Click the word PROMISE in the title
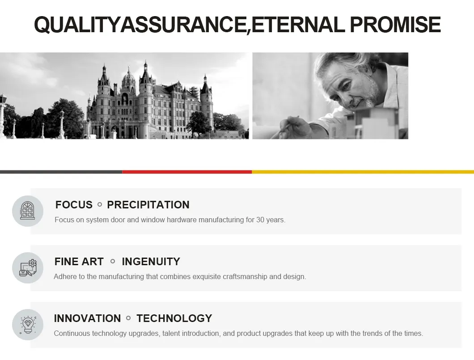[x=395, y=25]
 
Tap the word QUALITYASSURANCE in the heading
[x=140, y=25]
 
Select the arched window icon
[x=28, y=211]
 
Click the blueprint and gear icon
[x=28, y=268]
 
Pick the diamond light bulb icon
[x=28, y=325]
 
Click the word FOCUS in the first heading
[x=74, y=205]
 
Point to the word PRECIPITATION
[x=148, y=205]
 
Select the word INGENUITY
[x=151, y=262]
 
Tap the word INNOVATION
[x=87, y=318]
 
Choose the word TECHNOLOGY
[x=174, y=318]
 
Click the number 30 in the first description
[x=260, y=220]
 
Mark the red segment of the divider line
[x=187, y=172]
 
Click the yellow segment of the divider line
[x=363, y=172]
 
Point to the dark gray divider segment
[x=61, y=172]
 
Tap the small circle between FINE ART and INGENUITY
[x=113, y=261]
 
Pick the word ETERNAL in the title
[x=298, y=25]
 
